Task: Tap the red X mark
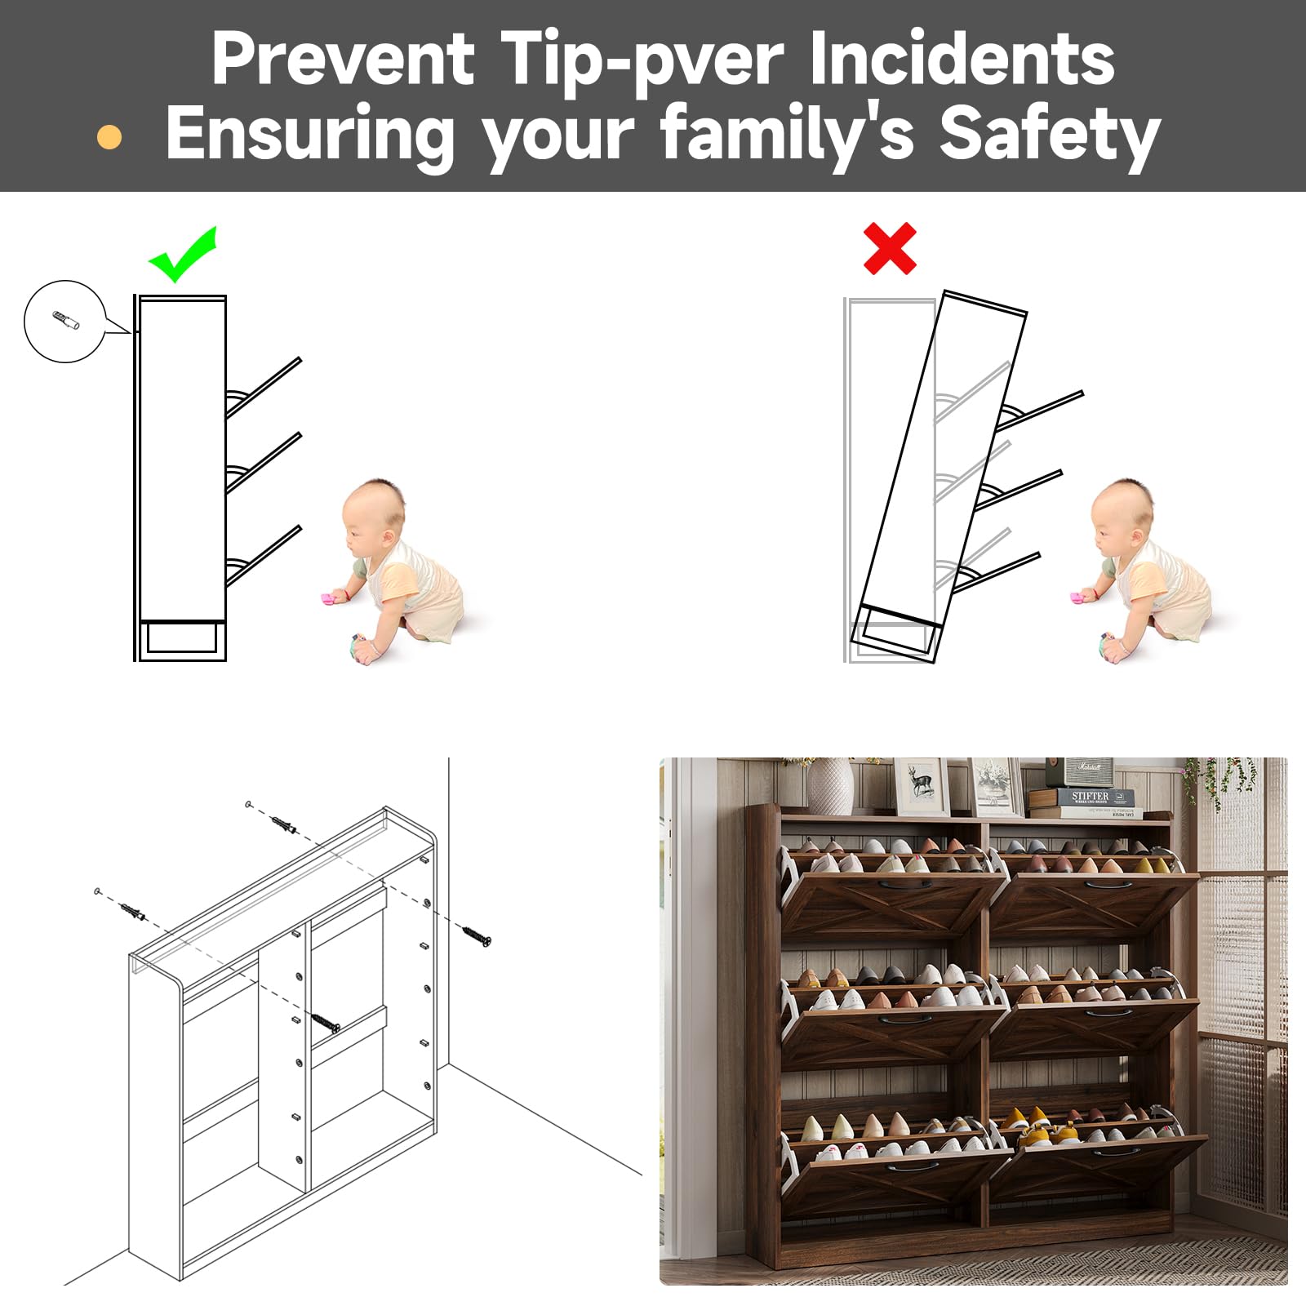[x=890, y=249]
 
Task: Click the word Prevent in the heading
[x=343, y=59]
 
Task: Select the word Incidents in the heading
[x=962, y=59]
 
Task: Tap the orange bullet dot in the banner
[x=109, y=137]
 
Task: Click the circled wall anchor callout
[x=65, y=322]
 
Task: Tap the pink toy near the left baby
[x=332, y=600]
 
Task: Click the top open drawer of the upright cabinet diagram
[x=263, y=388]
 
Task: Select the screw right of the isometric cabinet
[x=477, y=936]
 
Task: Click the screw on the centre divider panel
[x=325, y=1022]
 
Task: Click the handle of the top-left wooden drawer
[x=896, y=883]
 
